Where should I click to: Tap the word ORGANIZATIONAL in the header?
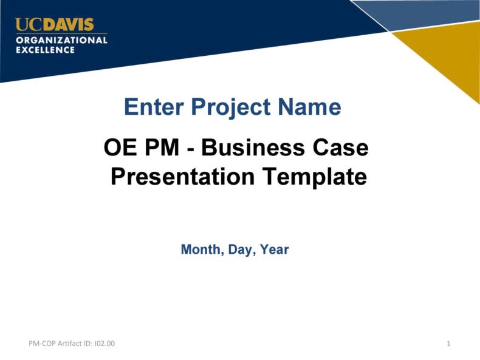coord(61,40)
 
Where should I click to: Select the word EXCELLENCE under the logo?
coord(45,50)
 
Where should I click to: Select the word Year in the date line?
coord(274,250)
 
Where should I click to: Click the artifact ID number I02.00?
coord(105,344)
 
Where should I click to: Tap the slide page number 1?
coord(448,344)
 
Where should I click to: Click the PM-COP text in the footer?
coord(42,344)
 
